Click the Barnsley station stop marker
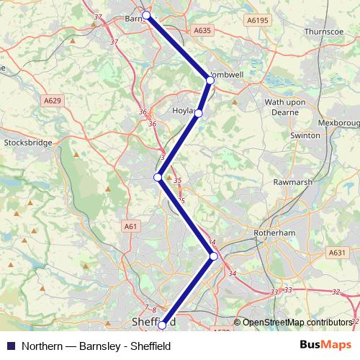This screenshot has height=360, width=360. [146, 15]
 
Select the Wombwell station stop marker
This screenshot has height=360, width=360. [210, 81]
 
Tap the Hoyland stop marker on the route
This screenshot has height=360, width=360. [198, 113]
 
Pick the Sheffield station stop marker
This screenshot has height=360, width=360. [162, 325]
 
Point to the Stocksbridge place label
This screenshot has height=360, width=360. [28, 143]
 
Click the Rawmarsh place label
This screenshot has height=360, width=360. [293, 182]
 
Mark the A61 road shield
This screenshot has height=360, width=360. [130, 226]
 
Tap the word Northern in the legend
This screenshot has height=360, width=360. [42, 345]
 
